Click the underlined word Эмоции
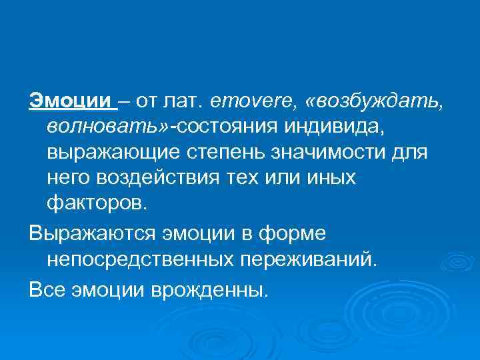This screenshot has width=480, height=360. pyautogui.click(x=70, y=101)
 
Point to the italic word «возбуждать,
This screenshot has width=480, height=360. pyautogui.click(x=372, y=101)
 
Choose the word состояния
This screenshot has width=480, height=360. pyautogui.click(x=225, y=127)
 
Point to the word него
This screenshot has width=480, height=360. pyautogui.click(x=69, y=178)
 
